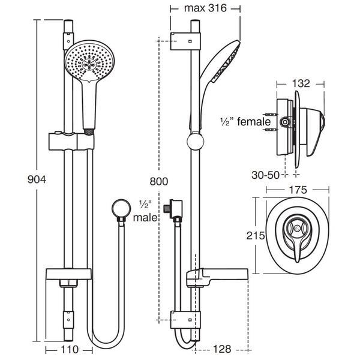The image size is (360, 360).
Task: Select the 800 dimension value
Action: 160,181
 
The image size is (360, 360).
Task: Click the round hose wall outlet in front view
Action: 118,210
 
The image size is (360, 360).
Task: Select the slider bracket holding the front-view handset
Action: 68,140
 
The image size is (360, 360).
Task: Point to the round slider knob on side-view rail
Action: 195,142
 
